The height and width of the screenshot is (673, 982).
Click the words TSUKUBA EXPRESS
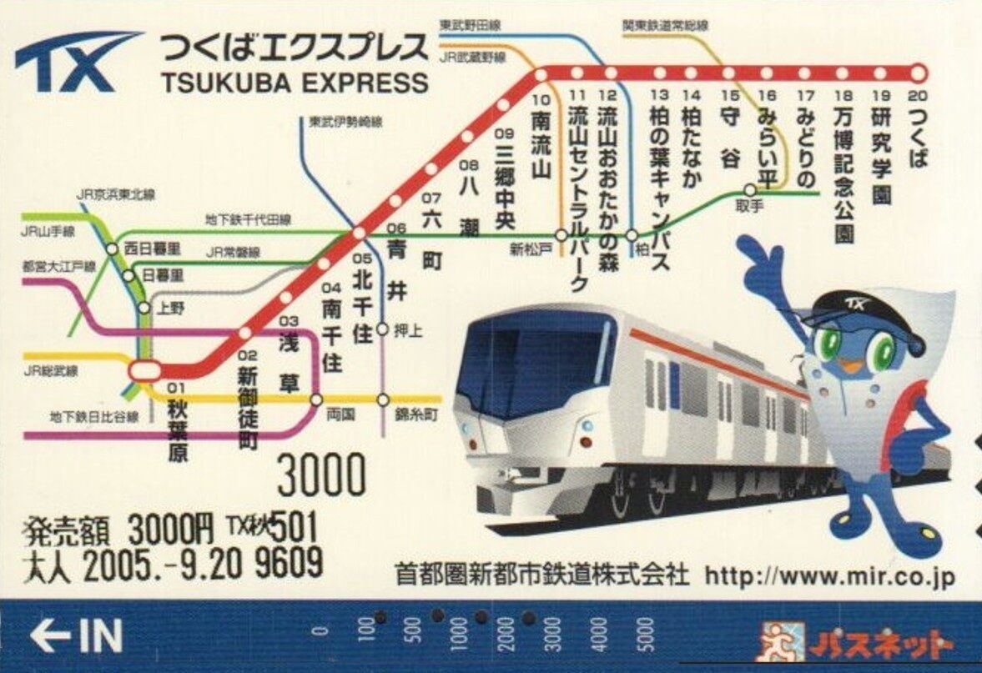coord(295,83)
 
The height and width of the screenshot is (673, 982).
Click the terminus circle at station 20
coord(919,73)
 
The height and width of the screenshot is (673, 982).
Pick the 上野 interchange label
coord(171,307)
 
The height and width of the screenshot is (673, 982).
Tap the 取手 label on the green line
coord(749,206)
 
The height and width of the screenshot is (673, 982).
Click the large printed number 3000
coord(321,476)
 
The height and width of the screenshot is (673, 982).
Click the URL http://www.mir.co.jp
coord(829,575)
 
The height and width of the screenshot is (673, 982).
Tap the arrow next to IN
coord(49,637)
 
